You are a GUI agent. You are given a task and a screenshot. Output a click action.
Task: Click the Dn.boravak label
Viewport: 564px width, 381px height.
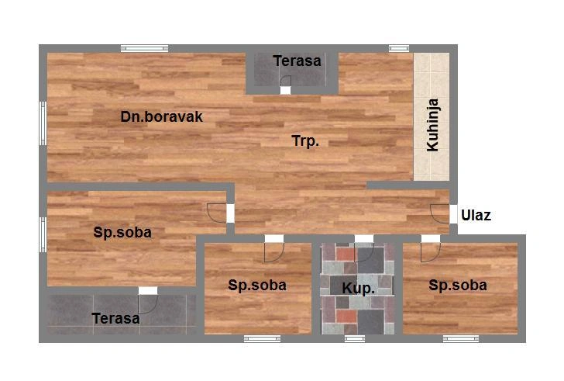161,116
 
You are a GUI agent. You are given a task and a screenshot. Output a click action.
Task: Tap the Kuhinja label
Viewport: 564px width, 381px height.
432,125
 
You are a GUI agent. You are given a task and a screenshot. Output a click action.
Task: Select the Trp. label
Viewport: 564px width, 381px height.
305,141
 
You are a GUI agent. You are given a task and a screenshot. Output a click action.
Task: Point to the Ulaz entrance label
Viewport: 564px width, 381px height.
476,216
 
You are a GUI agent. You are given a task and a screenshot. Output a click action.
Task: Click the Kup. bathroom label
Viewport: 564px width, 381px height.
358,288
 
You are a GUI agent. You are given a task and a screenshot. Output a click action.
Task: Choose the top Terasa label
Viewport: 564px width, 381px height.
297,61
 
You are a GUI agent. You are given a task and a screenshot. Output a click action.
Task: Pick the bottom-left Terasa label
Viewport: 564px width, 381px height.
116,318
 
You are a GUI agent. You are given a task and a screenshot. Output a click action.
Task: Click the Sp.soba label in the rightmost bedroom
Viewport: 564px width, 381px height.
458,286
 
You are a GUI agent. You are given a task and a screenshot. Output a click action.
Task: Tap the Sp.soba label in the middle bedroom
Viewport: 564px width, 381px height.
257,286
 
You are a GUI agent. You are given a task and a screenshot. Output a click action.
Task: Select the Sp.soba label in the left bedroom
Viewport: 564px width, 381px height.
122,232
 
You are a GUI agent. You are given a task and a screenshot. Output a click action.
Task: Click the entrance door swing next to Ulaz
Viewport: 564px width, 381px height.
439,214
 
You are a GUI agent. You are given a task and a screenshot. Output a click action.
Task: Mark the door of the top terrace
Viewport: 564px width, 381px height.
285,81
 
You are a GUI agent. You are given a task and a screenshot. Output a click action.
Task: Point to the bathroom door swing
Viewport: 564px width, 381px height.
364,252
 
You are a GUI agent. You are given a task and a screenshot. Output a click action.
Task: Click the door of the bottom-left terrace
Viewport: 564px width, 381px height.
148,304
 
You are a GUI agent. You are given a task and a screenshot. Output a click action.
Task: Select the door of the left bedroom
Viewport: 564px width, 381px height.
217,213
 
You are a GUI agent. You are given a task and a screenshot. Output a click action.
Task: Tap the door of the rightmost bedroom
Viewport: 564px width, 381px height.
431,252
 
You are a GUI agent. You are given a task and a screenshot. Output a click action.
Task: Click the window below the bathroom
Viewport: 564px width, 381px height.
355,338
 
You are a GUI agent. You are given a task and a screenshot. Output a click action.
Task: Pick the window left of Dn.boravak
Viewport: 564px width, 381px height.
43,123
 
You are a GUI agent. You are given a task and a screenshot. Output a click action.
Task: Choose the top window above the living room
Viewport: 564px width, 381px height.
145,48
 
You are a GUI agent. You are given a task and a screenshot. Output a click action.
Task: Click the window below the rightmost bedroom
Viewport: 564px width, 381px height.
461,338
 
